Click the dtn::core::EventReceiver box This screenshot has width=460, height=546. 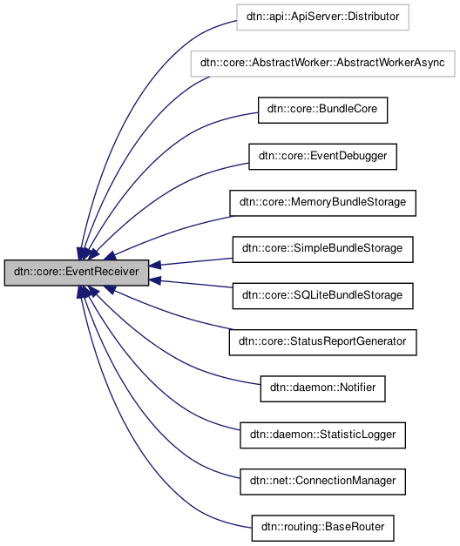[x=76, y=272]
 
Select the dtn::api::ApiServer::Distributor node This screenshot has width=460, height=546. [x=322, y=17]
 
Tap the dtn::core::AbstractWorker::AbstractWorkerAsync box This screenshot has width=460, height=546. [x=322, y=64]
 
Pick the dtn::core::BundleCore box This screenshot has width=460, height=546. [x=322, y=110]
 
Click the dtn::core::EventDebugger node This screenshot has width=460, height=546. [x=322, y=156]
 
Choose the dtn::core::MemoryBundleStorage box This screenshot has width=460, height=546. [x=322, y=202]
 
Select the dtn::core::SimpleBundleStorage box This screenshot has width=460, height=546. [x=322, y=248]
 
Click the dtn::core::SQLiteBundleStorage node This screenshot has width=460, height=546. [x=322, y=295]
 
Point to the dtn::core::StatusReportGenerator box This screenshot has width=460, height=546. [x=322, y=341]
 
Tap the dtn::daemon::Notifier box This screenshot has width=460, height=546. [x=322, y=388]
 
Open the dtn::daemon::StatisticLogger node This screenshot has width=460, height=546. [x=322, y=434]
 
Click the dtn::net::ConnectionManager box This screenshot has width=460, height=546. [x=322, y=480]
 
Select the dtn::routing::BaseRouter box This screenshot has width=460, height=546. [x=322, y=526]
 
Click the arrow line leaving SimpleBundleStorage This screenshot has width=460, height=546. [x=196, y=261]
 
